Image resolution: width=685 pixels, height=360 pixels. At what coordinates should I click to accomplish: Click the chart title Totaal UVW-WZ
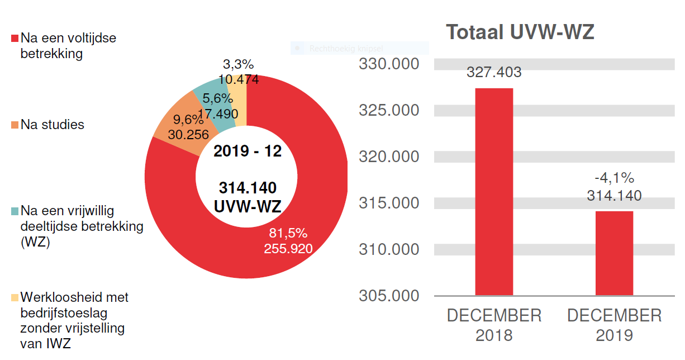click(x=520, y=32)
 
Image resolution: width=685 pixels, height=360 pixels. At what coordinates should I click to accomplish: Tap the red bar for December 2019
click(x=614, y=253)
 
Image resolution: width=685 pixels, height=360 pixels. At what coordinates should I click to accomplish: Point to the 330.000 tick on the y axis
click(x=389, y=64)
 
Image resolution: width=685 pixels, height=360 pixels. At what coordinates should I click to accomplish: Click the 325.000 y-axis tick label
click(x=389, y=110)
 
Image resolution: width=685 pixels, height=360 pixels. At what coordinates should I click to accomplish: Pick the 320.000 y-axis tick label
click(x=389, y=157)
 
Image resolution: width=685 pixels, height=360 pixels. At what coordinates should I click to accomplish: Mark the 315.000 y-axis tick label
click(x=389, y=202)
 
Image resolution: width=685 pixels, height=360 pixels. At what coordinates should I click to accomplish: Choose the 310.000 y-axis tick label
click(x=389, y=249)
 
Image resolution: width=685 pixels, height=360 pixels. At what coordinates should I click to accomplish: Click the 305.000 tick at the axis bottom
click(x=389, y=295)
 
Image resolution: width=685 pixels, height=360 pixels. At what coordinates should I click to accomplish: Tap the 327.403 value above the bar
click(x=494, y=72)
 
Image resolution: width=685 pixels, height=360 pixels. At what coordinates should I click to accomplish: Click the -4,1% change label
click(x=614, y=178)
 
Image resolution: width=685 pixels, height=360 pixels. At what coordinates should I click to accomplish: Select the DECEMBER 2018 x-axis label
click(x=494, y=325)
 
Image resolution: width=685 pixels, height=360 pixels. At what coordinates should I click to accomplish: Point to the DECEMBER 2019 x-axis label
click(x=614, y=325)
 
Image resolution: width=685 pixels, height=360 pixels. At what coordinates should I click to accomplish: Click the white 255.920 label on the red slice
click(x=288, y=248)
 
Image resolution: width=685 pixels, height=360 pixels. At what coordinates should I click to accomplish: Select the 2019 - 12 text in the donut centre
click(x=248, y=151)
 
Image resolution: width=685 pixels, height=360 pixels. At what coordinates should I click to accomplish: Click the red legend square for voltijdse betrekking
click(x=15, y=39)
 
